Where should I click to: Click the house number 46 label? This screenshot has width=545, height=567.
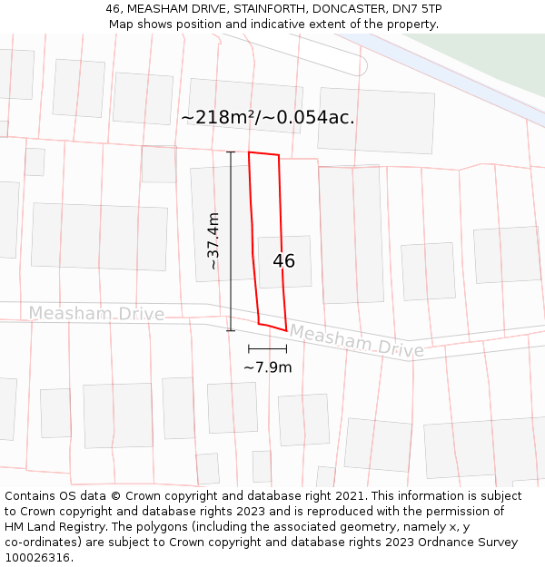tap(283, 261)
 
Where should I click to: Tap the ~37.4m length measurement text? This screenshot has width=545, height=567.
tap(213, 241)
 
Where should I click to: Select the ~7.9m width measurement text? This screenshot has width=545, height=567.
tap(268, 367)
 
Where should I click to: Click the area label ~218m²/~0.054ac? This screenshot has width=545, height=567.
tap(268, 118)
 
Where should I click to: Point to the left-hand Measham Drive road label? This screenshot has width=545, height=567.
tap(96, 314)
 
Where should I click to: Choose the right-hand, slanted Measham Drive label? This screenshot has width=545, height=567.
tap(356, 342)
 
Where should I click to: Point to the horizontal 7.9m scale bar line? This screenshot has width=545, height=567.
tap(267, 348)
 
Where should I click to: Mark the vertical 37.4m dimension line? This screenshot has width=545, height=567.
tap(231, 241)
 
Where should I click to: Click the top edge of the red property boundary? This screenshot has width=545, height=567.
tap(263, 153)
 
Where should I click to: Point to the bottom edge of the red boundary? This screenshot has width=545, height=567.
tap(272, 327)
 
